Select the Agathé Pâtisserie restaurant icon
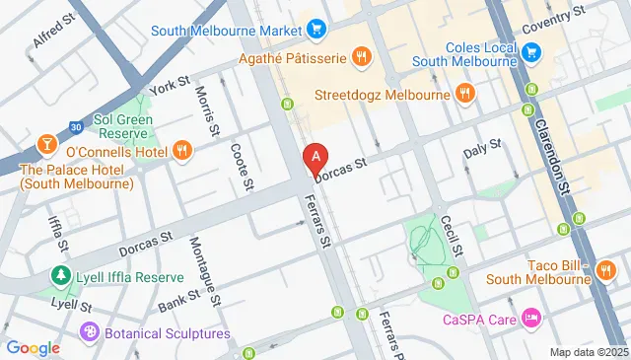tap(363, 57)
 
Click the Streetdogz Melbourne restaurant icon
tap(465, 95)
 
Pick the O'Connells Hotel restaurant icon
tap(181, 150)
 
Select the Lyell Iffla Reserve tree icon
tap(62, 275)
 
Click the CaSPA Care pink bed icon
tap(531, 317)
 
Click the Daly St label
tap(482, 151)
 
